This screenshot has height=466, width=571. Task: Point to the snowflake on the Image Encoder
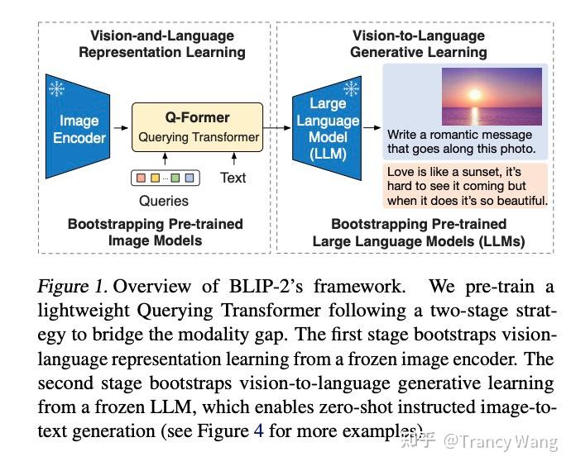coord(57,89)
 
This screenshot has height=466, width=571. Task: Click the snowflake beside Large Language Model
coord(352,88)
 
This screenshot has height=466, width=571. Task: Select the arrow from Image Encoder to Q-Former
coord(121,128)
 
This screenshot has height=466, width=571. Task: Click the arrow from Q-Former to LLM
coord(276,128)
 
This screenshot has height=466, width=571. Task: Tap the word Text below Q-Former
coord(233,178)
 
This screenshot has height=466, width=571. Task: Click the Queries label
coord(164,201)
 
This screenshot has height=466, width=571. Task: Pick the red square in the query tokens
coord(141,178)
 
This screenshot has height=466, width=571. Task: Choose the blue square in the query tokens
coord(189,178)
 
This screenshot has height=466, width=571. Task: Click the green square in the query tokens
coord(175,178)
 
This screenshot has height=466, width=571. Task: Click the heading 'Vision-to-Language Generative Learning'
coord(418,44)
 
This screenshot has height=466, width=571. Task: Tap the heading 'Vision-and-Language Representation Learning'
coord(161,44)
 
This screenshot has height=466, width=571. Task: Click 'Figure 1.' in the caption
coord(73,288)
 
